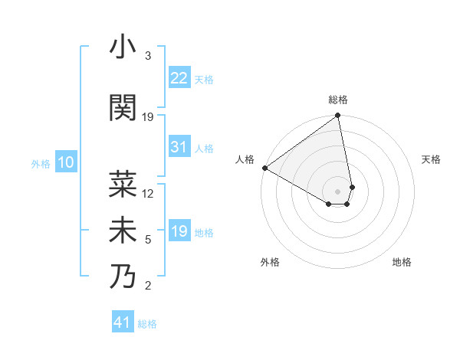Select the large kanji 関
[123, 107]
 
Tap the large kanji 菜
[123, 183]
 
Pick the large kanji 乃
[123, 276]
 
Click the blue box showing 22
[179, 78]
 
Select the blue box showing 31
[179, 147]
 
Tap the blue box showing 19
[179, 231]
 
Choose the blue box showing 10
[66, 162]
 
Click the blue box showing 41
[123, 322]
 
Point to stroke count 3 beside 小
[148, 56]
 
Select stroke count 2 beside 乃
[148, 286]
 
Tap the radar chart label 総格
[338, 100]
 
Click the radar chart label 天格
[431, 159]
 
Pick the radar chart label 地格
[402, 262]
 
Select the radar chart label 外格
[270, 262]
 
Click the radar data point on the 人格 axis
[264, 168]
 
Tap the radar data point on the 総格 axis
[338, 116]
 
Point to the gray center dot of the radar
[338, 191]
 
